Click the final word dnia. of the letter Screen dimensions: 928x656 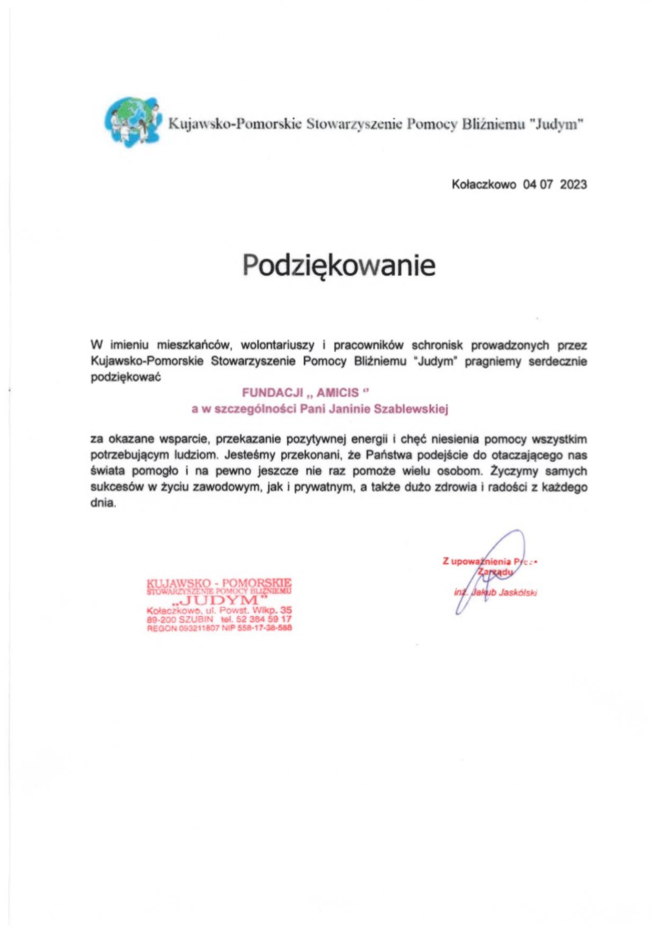point(104,504)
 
